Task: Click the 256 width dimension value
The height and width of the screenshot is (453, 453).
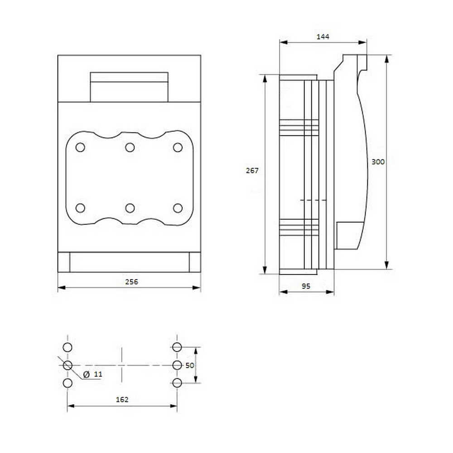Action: coord(131,282)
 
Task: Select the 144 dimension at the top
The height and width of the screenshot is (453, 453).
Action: coord(323,37)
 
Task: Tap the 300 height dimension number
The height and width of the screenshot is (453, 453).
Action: coord(378,162)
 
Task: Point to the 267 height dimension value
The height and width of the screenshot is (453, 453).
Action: coord(252,170)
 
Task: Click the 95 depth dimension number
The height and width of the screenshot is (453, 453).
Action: coord(306,286)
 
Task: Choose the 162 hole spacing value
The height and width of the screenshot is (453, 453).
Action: coord(122,399)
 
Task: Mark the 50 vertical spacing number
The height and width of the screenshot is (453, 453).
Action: coord(189,366)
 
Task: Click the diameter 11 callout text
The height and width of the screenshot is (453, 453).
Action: coord(93,375)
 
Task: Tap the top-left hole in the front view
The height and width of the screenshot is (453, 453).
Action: coord(80,147)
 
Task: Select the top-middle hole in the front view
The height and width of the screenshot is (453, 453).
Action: coord(130,147)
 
